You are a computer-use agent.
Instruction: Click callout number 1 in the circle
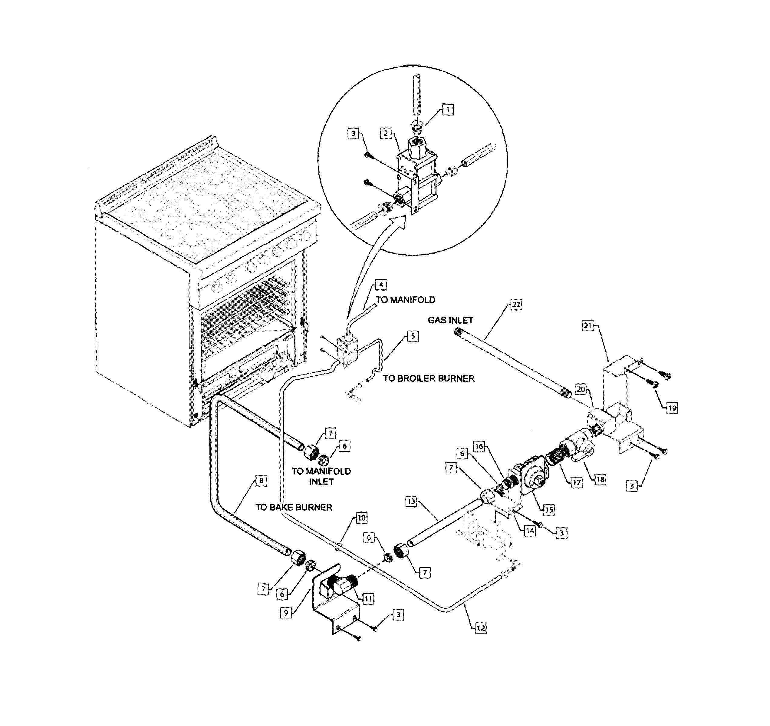tap(448, 110)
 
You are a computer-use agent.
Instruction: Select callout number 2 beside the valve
tap(386, 133)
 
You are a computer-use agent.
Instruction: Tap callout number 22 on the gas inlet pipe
tap(516, 305)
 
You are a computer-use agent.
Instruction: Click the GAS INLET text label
tap(450, 320)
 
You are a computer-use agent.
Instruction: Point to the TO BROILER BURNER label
tap(428, 378)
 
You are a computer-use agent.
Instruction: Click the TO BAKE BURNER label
tap(294, 507)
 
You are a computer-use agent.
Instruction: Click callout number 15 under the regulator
tap(549, 510)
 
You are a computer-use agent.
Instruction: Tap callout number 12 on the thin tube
tap(480, 628)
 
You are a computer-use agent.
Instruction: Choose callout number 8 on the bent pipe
tap(262, 481)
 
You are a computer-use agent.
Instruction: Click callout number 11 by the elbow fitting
tap(368, 599)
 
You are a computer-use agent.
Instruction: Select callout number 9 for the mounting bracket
tap(286, 613)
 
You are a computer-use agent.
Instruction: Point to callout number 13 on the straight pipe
tap(411, 501)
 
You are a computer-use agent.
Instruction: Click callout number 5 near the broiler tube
tap(413, 336)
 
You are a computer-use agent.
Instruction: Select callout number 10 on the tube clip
tap(361, 518)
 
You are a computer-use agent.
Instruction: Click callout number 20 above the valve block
tap(581, 389)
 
